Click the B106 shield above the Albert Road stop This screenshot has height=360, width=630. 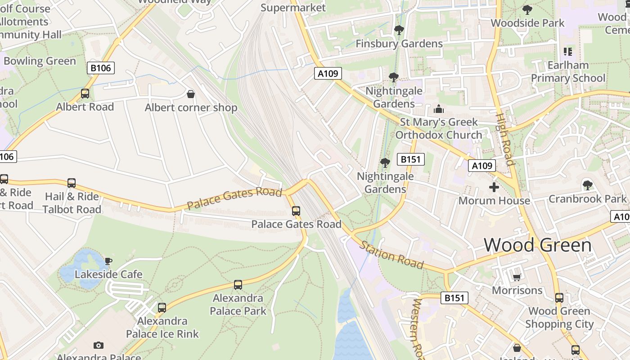101,68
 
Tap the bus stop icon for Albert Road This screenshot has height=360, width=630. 85,94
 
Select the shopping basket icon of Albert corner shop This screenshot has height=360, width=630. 191,94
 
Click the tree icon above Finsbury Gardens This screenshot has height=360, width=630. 399,30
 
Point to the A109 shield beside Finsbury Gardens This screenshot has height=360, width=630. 328,73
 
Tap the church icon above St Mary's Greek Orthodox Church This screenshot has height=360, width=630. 439,109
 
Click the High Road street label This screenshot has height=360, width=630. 504,139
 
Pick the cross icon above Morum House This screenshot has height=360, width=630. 494,187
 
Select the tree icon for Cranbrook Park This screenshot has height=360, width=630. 587,185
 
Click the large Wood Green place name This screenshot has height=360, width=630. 538,245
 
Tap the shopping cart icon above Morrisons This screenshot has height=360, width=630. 517,277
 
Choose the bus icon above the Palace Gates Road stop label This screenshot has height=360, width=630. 296,211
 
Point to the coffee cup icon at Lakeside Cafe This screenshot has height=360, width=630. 108,261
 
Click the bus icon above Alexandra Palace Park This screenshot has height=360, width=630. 238,285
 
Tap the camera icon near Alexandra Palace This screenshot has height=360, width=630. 99,345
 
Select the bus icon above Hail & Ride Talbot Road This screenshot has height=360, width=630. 72,183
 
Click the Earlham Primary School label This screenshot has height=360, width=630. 568,72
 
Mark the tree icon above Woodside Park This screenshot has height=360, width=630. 527,9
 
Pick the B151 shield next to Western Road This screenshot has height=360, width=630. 454,297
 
